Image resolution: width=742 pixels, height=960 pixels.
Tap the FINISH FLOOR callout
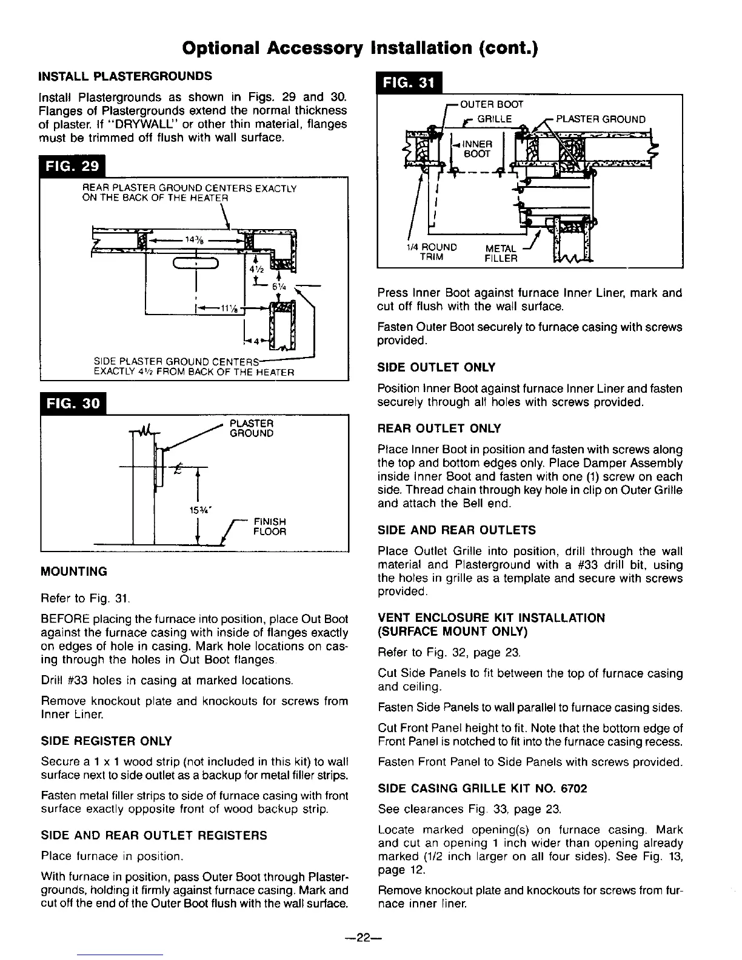pyautogui.click(x=269, y=527)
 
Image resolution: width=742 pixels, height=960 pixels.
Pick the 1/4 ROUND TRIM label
pyautogui.click(x=432, y=252)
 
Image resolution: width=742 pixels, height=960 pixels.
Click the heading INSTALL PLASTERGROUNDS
pyautogui.click(x=125, y=76)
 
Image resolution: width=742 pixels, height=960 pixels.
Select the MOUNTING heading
pyautogui.click(x=73, y=572)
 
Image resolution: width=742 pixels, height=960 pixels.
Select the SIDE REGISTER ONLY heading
pyautogui.click(x=106, y=741)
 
